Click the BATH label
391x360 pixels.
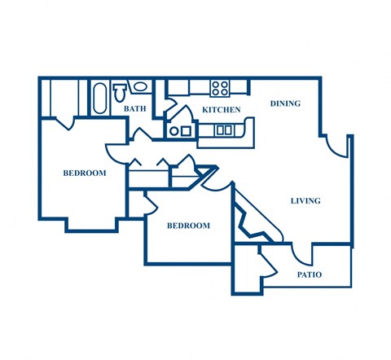pyautogui.click(x=134, y=108)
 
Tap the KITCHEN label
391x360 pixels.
pyautogui.click(x=221, y=109)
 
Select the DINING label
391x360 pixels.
pyautogui.click(x=285, y=103)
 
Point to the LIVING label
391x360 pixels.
pyautogui.click(x=305, y=200)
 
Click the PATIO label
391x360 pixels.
pyautogui.click(x=309, y=274)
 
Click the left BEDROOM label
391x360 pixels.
pyautogui.click(x=85, y=173)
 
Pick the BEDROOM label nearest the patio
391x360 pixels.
pyautogui.click(x=188, y=226)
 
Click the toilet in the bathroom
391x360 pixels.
pyautogui.click(x=119, y=89)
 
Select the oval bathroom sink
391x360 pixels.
pyautogui.click(x=138, y=86)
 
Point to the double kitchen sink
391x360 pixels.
pyautogui.click(x=224, y=130)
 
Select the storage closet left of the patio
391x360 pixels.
pyautogui.click(x=247, y=269)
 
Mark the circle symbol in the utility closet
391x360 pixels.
pyautogui.click(x=174, y=129)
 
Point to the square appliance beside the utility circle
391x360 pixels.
pyautogui.click(x=187, y=130)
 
